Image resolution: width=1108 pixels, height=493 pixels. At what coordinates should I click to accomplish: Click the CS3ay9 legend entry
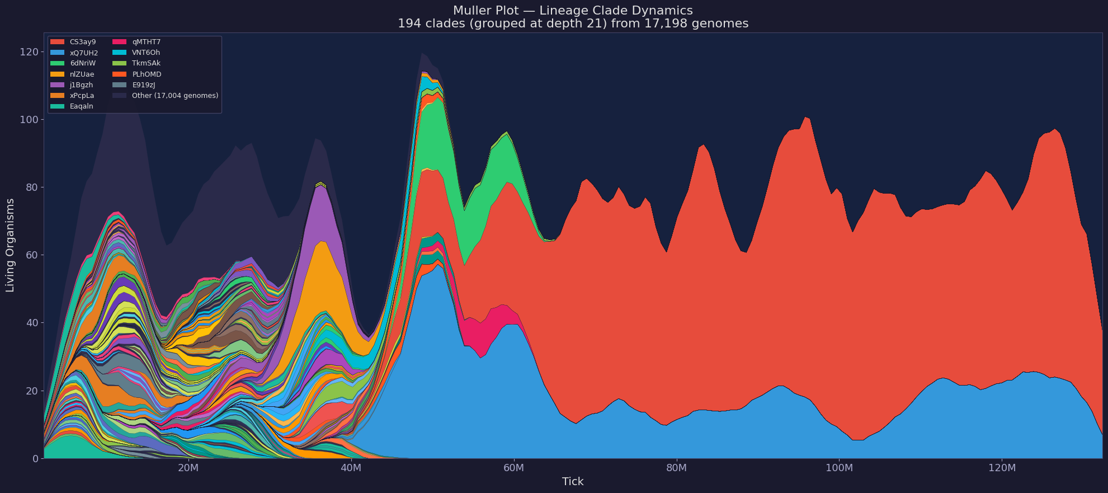point(82,42)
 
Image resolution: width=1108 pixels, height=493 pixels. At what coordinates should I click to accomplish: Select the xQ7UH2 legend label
point(83,53)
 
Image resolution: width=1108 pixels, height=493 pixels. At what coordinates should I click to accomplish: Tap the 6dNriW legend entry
point(82,63)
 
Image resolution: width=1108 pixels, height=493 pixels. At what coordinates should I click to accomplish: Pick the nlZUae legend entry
point(82,74)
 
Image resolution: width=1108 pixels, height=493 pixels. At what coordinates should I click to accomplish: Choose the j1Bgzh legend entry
point(81,85)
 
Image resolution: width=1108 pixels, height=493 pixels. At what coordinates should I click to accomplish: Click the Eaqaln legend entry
point(81,106)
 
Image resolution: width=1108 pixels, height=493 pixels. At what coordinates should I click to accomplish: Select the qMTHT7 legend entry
point(146,42)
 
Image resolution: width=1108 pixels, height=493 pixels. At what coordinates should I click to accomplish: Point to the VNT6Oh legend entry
point(145,53)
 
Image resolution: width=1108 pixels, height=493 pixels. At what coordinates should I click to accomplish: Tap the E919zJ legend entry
point(143,85)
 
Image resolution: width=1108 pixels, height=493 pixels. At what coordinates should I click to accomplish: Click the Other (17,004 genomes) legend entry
point(175,96)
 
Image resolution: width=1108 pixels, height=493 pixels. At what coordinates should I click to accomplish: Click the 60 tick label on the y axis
point(32,255)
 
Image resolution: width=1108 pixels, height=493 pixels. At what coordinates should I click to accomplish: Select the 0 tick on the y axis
point(35,459)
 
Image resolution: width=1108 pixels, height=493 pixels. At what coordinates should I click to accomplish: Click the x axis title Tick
point(573,482)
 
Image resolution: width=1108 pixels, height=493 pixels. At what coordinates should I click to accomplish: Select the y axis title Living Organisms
point(10,245)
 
